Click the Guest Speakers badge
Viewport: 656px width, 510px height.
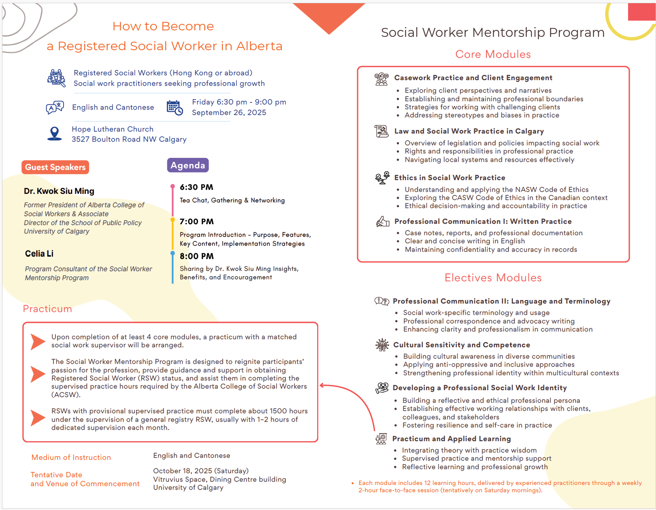click(x=55, y=167)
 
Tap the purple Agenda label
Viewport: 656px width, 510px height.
click(x=187, y=165)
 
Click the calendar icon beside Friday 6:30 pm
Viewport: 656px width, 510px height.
click(x=175, y=107)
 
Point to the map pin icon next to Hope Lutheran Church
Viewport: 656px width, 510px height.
click(x=54, y=134)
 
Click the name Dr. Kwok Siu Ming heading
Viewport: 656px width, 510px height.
click(x=59, y=191)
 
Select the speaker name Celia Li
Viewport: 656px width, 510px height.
click(x=39, y=254)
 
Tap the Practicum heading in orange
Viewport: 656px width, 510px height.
click(x=47, y=309)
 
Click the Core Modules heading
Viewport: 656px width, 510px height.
click(x=493, y=54)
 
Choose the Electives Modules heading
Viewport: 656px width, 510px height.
click(x=493, y=278)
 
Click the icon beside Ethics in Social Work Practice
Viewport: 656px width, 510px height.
click(x=382, y=178)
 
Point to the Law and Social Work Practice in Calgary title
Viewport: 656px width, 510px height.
click(x=469, y=131)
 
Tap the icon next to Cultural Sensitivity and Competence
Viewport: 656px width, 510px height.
click(x=381, y=345)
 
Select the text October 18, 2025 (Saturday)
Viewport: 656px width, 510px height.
click(x=201, y=471)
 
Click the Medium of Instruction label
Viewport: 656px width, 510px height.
click(x=71, y=457)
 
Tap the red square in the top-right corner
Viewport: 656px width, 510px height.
click(x=641, y=12)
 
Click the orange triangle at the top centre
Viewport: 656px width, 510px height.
click(x=329, y=16)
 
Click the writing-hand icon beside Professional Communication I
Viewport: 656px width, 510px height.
click(x=382, y=221)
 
